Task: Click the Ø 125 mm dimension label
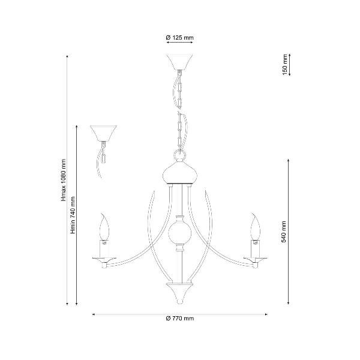pyautogui.click(x=180, y=37)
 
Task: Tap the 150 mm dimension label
pyautogui.click(x=284, y=65)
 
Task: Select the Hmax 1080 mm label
pyautogui.click(x=64, y=180)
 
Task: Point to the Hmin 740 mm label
pyautogui.click(x=73, y=215)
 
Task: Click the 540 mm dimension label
pyautogui.click(x=284, y=232)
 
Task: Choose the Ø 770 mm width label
pyautogui.click(x=180, y=319)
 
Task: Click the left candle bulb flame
pyautogui.click(x=104, y=227)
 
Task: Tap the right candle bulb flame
pyautogui.click(x=256, y=227)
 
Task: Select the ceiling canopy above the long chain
pyautogui.click(x=179, y=62)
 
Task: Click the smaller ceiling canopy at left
pyautogui.click(x=103, y=133)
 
